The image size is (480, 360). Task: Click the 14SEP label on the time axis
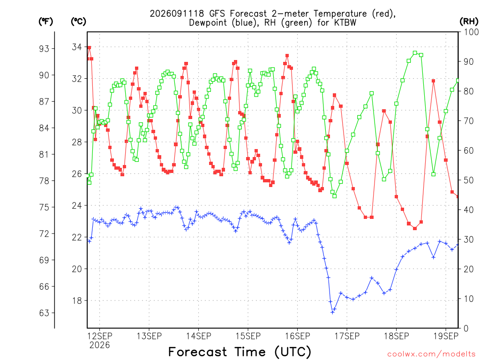pos(198,336)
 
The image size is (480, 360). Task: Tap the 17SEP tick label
pos(347,336)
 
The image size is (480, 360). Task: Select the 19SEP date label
pos(446,336)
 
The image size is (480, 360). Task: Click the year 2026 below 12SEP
pos(99,345)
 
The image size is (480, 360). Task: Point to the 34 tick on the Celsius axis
pos(77,47)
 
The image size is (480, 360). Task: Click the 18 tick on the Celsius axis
pos(77,300)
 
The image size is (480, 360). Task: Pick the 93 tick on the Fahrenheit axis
pos(44,49)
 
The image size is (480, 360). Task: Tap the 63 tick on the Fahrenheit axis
pos(44,313)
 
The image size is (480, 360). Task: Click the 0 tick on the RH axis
pos(466,329)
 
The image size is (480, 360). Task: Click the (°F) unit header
pos(45,22)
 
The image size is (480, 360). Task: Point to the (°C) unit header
pos(78,22)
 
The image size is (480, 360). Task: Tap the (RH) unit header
pos(469,22)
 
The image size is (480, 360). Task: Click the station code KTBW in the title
pos(344,23)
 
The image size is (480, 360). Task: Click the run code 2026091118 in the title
pos(177,14)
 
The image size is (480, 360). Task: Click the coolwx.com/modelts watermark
pos(431,354)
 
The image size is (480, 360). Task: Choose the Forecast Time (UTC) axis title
pos(240,352)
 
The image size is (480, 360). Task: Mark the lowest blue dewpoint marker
pos(332,312)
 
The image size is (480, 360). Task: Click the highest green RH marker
pos(415,53)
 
